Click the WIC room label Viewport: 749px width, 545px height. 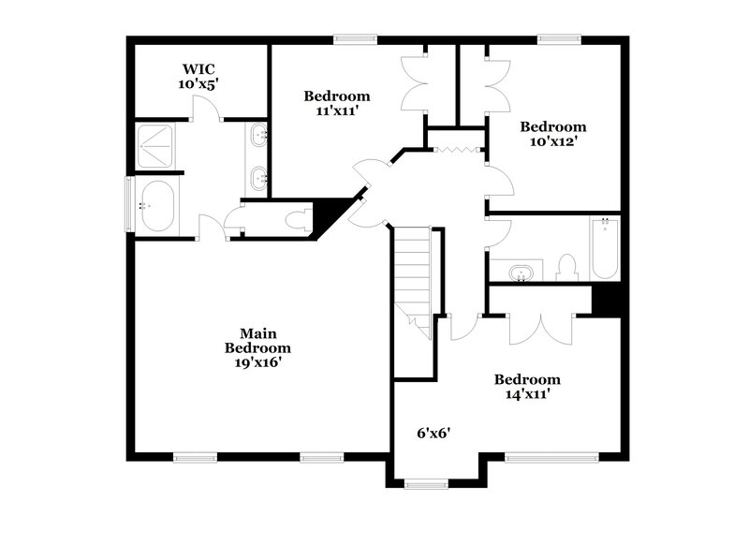(x=199, y=68)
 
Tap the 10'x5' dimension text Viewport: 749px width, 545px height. (x=199, y=83)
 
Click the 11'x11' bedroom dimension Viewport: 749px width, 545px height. (x=336, y=110)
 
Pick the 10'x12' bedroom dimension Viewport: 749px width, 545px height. (x=552, y=141)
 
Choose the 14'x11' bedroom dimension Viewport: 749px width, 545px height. (x=527, y=394)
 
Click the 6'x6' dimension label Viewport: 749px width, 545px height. (x=434, y=433)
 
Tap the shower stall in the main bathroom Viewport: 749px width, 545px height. (x=154, y=146)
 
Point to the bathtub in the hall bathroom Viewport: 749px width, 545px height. (x=605, y=248)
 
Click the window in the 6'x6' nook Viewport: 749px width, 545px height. (x=426, y=484)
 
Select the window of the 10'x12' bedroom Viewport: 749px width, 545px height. (x=559, y=39)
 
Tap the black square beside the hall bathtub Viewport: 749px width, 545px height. (x=607, y=299)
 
